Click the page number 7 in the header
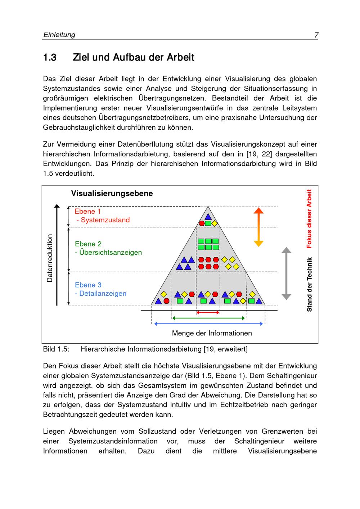(316, 35)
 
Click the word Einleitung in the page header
(59, 35)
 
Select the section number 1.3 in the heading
(50, 58)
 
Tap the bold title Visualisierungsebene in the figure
(112, 193)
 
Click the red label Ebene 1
(87, 211)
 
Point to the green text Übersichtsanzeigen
(111, 253)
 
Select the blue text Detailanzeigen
(103, 294)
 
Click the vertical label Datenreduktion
(50, 258)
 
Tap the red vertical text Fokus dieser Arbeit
(309, 219)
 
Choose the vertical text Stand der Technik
(309, 284)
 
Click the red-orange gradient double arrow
(258, 227)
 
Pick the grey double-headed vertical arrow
(286, 273)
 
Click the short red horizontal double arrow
(208, 312)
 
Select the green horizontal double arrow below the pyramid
(209, 318)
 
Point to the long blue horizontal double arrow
(209, 324)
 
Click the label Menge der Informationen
(212, 333)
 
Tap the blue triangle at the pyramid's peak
(208, 217)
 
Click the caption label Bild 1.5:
(56, 349)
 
